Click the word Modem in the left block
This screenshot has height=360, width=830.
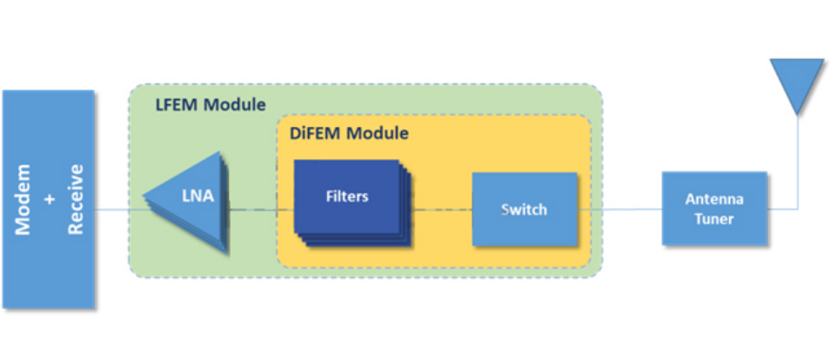(x=23, y=200)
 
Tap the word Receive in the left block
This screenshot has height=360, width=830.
(x=77, y=200)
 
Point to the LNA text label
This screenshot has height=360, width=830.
(x=197, y=197)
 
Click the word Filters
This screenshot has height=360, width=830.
(x=347, y=197)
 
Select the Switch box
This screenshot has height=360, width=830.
(x=524, y=209)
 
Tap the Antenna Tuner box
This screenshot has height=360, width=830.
(x=714, y=208)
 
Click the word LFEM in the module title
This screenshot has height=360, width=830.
(x=177, y=105)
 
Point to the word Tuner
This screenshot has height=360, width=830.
(x=714, y=218)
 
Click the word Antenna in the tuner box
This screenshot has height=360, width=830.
(x=714, y=200)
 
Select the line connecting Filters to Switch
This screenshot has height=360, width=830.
(x=442, y=210)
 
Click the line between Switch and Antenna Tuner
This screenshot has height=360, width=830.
(x=619, y=209)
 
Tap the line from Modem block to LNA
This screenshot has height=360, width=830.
(x=119, y=210)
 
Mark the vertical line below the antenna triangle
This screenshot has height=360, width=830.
(x=797, y=162)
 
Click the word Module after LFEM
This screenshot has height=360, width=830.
(x=235, y=105)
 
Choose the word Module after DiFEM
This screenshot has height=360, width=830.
(x=377, y=133)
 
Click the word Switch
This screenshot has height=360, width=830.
(x=524, y=210)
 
